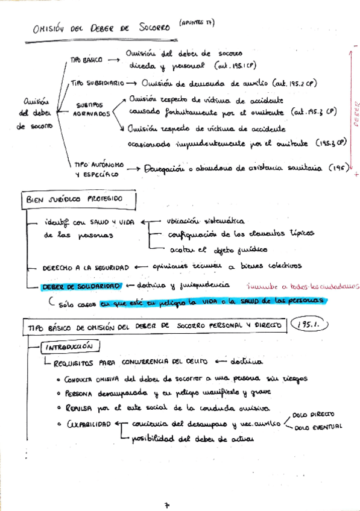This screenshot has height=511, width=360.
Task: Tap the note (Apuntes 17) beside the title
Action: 197,23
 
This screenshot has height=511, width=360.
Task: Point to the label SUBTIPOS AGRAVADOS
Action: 93,108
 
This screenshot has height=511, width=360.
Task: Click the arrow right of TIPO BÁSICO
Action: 113,60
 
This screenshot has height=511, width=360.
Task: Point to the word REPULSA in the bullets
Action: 78,408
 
